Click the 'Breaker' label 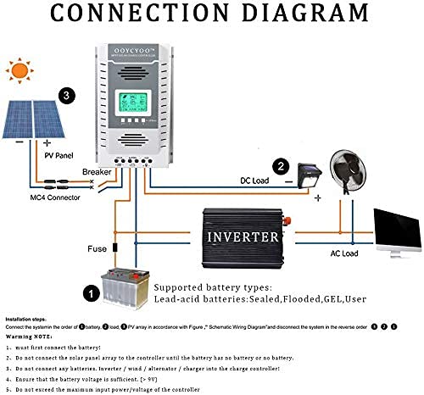(x=97, y=172)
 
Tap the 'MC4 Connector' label (x=53, y=197)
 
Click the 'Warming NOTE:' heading (x=31, y=336)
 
